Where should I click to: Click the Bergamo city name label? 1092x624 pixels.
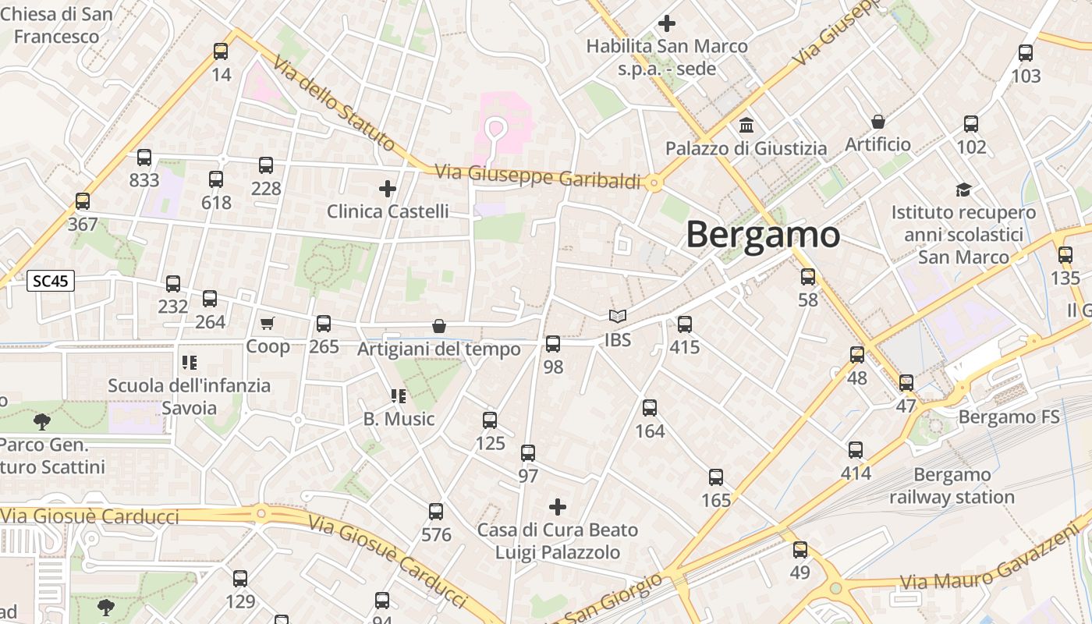763,235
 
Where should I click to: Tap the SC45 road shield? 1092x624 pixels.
51,281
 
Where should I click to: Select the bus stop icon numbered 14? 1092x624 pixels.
221,51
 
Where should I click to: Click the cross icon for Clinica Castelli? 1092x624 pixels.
388,188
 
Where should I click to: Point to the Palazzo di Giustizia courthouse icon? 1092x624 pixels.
746,125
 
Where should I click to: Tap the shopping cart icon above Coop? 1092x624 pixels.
268,323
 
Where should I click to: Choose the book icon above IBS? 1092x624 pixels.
618,317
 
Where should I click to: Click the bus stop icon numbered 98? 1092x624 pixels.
553,343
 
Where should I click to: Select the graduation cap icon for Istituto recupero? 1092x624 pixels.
964,190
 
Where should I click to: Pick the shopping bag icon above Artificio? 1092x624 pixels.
878,122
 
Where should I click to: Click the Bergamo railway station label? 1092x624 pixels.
952,486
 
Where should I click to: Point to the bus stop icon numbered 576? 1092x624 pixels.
436,512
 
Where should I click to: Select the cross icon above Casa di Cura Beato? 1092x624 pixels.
558,507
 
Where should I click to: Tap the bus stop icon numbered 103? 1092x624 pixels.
1026,53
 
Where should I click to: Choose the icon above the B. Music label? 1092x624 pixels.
399,396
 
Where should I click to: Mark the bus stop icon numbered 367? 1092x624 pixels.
83,201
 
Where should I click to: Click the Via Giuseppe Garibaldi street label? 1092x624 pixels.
537,176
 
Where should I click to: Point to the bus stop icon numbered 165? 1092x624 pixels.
716,477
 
